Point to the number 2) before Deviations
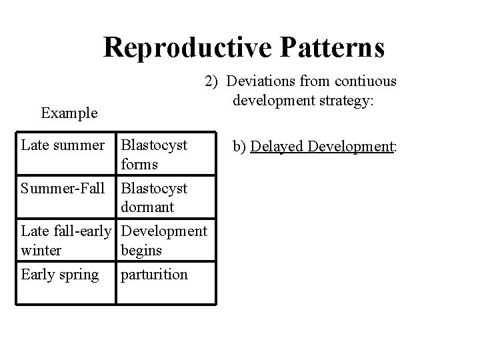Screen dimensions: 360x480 [x=212, y=81]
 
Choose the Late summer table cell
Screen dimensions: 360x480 [x=63, y=145]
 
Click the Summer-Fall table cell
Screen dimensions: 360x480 [x=63, y=189]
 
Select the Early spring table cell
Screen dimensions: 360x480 [x=60, y=275]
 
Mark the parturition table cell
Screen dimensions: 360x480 [x=153, y=275]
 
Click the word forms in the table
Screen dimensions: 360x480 [x=139, y=163]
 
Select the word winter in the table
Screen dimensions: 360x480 [x=41, y=250]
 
